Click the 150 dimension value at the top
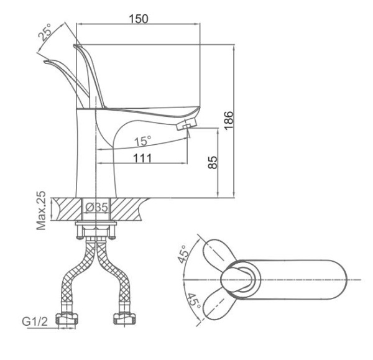point(138,18)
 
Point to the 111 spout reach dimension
point(144,159)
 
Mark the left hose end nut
point(65,321)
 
